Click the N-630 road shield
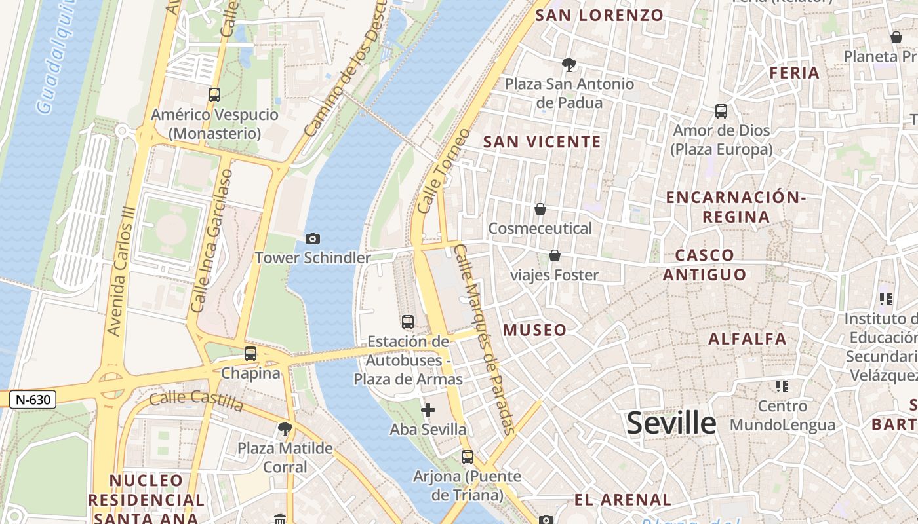tap(32, 399)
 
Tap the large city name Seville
tap(671, 423)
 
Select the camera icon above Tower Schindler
tap(313, 239)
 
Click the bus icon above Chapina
tap(250, 354)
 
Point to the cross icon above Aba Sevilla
tap(428, 411)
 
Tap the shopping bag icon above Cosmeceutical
tap(540, 209)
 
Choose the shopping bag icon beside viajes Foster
tap(555, 255)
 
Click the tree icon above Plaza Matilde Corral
tap(285, 429)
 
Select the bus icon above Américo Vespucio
tap(214, 95)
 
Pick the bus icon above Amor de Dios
tap(721, 111)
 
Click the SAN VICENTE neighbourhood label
tap(542, 141)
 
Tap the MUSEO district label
tap(534, 330)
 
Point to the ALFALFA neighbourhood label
tap(747, 339)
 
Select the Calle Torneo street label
tap(444, 170)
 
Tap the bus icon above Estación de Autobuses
tap(408, 322)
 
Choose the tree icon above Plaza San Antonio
tap(569, 64)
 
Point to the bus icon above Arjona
tap(468, 457)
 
